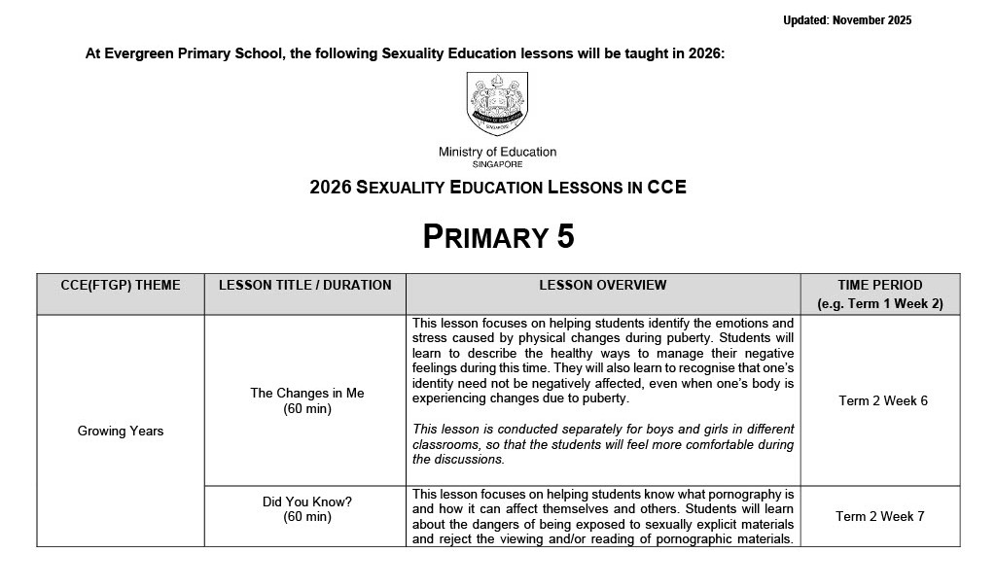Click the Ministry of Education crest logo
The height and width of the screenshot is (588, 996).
tap(497, 104)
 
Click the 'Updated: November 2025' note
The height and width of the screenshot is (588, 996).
tap(847, 20)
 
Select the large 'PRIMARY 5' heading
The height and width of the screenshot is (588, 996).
tap(498, 237)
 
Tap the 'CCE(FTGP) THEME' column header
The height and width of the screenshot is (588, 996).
tap(121, 286)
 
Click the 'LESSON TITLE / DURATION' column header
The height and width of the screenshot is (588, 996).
tap(304, 286)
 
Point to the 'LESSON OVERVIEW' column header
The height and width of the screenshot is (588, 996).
tap(603, 286)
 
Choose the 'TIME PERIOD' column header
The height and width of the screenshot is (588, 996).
tap(879, 286)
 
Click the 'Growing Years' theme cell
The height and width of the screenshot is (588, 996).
tap(121, 431)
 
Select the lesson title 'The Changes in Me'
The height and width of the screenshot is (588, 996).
tap(306, 393)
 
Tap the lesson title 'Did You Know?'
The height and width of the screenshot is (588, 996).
tap(306, 502)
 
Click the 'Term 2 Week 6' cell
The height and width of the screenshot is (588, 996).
tap(882, 400)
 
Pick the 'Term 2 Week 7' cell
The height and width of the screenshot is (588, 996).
tap(879, 516)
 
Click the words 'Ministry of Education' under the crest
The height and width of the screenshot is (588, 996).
tap(497, 153)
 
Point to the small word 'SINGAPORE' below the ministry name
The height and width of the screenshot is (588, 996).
tap(497, 165)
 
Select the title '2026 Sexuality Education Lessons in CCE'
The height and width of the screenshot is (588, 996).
tap(498, 188)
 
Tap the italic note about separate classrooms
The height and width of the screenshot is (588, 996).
tap(603, 444)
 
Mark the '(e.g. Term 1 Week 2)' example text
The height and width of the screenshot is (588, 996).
tap(879, 304)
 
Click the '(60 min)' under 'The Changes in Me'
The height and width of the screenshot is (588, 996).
tap(306, 409)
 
